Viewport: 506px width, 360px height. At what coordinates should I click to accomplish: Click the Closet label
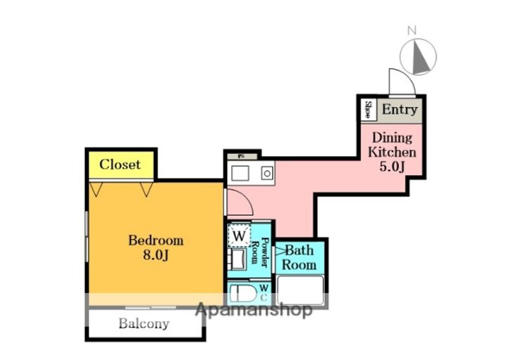coord(119,165)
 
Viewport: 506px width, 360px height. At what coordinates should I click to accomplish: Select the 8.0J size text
coord(155,255)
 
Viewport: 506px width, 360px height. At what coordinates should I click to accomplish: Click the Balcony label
coord(143,324)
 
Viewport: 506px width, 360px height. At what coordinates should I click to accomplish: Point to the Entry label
coord(400,110)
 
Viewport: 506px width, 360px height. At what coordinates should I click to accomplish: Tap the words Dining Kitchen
coord(393,145)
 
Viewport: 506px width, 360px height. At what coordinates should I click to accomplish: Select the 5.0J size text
coord(393,166)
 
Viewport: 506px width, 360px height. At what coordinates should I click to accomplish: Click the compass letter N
coord(413,30)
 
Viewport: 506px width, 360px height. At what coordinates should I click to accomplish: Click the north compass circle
coord(419,56)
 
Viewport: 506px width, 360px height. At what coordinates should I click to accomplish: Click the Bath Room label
coord(300,257)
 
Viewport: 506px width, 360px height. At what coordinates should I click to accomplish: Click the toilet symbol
coord(242,294)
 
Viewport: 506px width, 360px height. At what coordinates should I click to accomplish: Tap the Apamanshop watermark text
coord(253,310)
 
